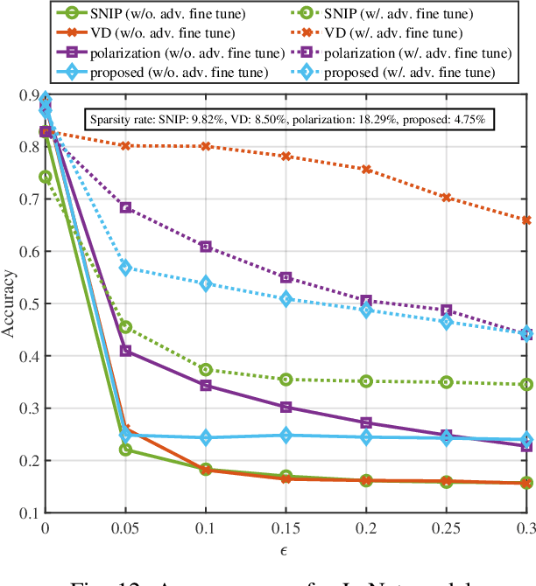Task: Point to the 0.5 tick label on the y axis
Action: [26, 304]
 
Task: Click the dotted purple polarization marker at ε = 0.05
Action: [125, 207]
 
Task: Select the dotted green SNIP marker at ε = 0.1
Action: [206, 370]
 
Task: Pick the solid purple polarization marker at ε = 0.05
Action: [125, 351]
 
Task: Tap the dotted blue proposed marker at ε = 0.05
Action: [125, 269]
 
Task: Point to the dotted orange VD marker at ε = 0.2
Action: [366, 170]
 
